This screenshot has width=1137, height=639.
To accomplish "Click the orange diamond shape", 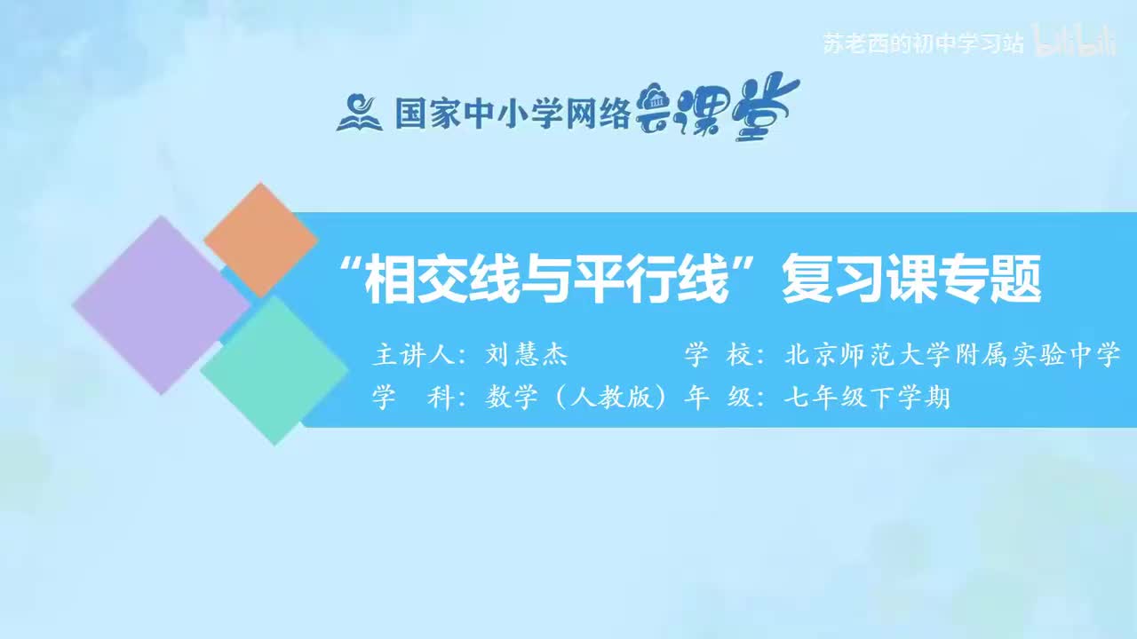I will click(x=260, y=239).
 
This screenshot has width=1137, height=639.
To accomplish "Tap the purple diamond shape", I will click(x=160, y=304).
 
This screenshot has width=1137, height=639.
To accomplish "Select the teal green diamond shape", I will click(x=274, y=369).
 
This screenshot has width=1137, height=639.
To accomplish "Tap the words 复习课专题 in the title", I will click(x=910, y=280).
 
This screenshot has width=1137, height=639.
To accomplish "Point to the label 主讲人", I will click(x=412, y=356).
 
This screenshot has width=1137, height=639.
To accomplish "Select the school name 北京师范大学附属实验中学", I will click(x=953, y=356).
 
